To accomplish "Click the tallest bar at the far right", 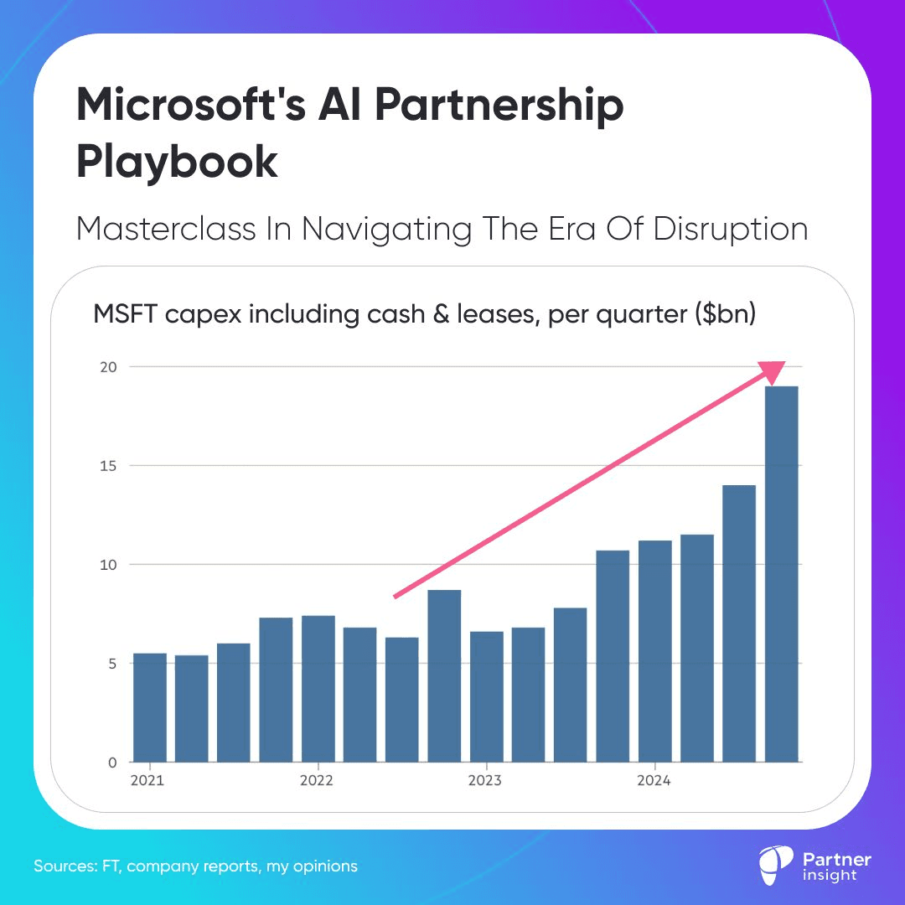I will pos(781,574).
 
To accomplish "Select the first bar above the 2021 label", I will pos(150,708).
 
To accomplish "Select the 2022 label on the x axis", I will pos(317,781).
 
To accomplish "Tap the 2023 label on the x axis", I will pos(485,781).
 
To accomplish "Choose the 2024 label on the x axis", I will pos(654,781).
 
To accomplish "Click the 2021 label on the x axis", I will pos(148,781).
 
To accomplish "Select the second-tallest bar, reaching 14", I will pos(739,624).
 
